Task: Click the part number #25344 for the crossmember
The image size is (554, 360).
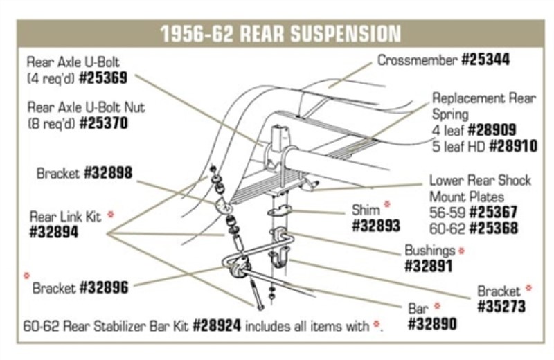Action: point(485,60)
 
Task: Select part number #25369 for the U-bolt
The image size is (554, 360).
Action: point(103,79)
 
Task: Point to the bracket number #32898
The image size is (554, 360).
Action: point(107,173)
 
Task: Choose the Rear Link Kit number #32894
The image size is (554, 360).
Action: point(54,233)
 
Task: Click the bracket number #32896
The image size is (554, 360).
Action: point(104,287)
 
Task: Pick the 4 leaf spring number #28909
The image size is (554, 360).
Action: point(492,129)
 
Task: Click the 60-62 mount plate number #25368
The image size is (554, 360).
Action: point(493,228)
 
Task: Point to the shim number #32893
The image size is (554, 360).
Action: point(377,226)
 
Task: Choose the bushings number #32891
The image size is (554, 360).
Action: point(428,267)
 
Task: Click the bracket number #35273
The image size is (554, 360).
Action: point(501,306)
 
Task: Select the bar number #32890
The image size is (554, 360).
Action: point(432,323)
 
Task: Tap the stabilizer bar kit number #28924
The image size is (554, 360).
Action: point(217,325)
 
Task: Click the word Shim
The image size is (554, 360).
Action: point(366,208)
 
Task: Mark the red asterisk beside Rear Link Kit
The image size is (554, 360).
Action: point(110,215)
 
